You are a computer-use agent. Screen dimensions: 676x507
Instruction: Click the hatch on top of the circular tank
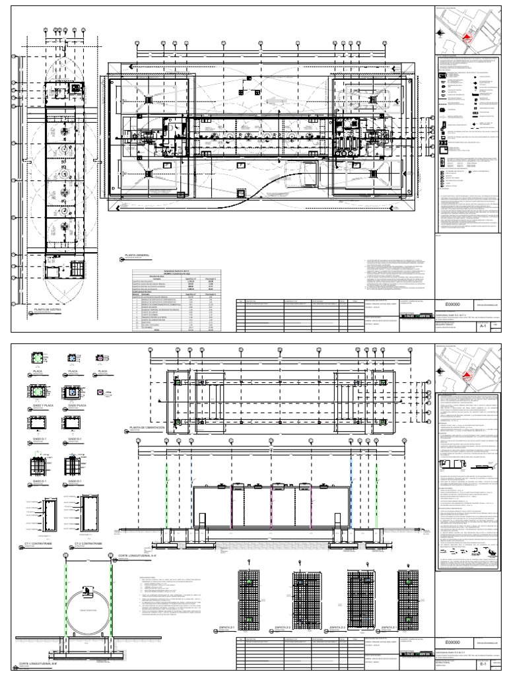pos(87,590)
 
